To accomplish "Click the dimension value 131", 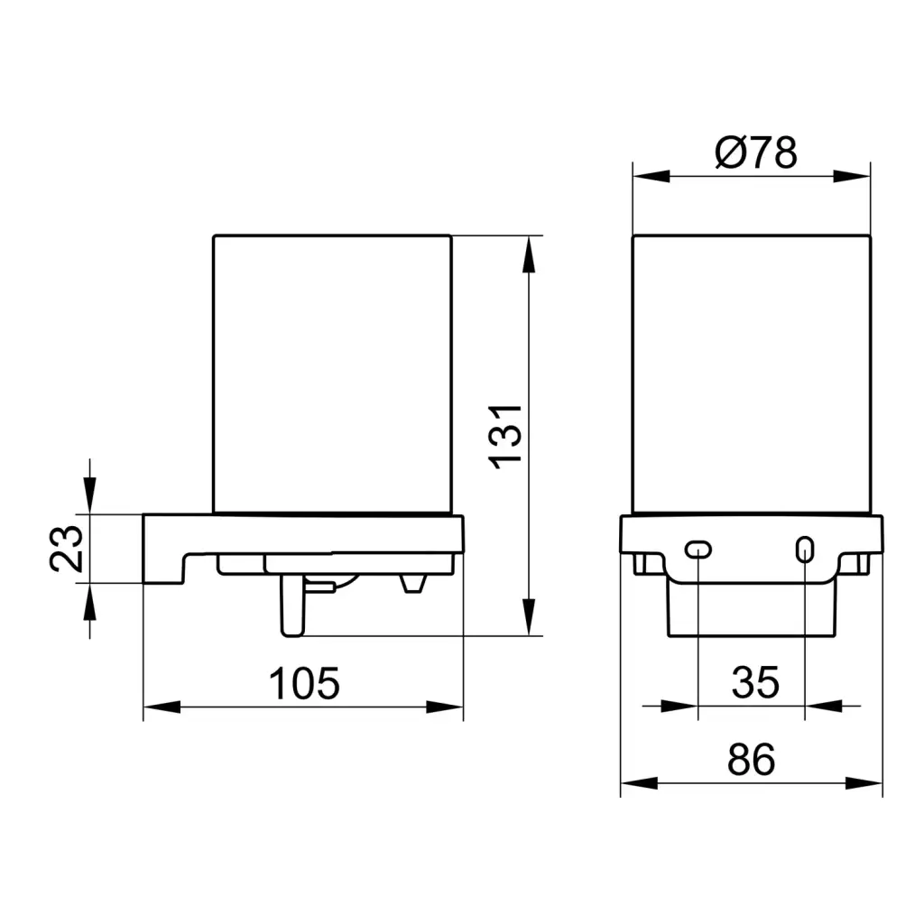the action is click(x=505, y=437).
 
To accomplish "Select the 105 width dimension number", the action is click(x=304, y=684).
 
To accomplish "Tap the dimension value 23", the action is click(x=66, y=550).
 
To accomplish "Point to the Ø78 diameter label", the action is click(x=756, y=152).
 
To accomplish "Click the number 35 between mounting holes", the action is click(x=755, y=682).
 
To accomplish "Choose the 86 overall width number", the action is click(x=752, y=760).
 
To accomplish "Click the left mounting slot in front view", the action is click(x=698, y=550).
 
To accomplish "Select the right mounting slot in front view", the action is click(x=805, y=550).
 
